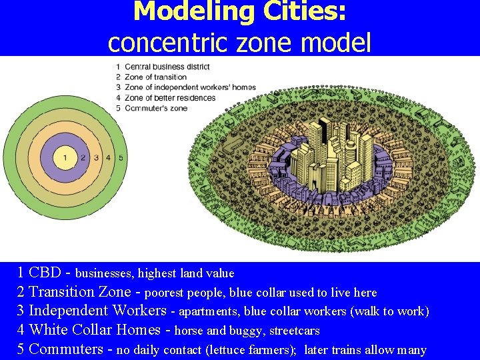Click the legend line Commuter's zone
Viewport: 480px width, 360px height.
coord(156,108)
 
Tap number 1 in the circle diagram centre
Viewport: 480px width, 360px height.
coord(65,157)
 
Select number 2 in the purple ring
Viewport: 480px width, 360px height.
coord(83,157)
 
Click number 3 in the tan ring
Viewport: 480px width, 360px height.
coord(97,157)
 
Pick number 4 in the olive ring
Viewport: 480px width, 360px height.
coord(109,157)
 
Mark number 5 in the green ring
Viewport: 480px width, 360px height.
coord(121,157)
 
